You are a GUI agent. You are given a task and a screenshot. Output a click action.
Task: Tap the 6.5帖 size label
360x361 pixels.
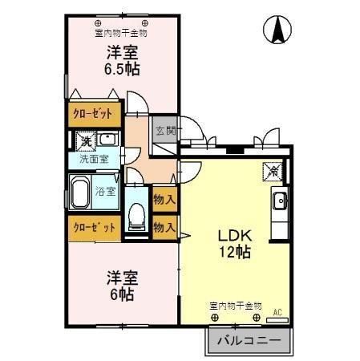(122, 70)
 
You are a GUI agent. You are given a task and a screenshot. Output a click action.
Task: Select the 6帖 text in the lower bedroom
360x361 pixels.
(122, 294)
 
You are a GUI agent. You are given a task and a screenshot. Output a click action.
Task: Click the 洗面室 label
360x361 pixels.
(94, 159)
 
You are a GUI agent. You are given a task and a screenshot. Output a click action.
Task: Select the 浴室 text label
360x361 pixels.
(105, 191)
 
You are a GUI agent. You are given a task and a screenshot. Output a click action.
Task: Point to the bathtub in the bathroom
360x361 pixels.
(81, 193)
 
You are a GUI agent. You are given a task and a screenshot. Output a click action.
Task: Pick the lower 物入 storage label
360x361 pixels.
(164, 228)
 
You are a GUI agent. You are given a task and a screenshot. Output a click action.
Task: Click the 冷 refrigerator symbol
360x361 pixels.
(273, 170)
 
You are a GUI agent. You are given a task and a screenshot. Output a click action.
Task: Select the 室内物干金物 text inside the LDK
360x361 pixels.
(236, 306)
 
